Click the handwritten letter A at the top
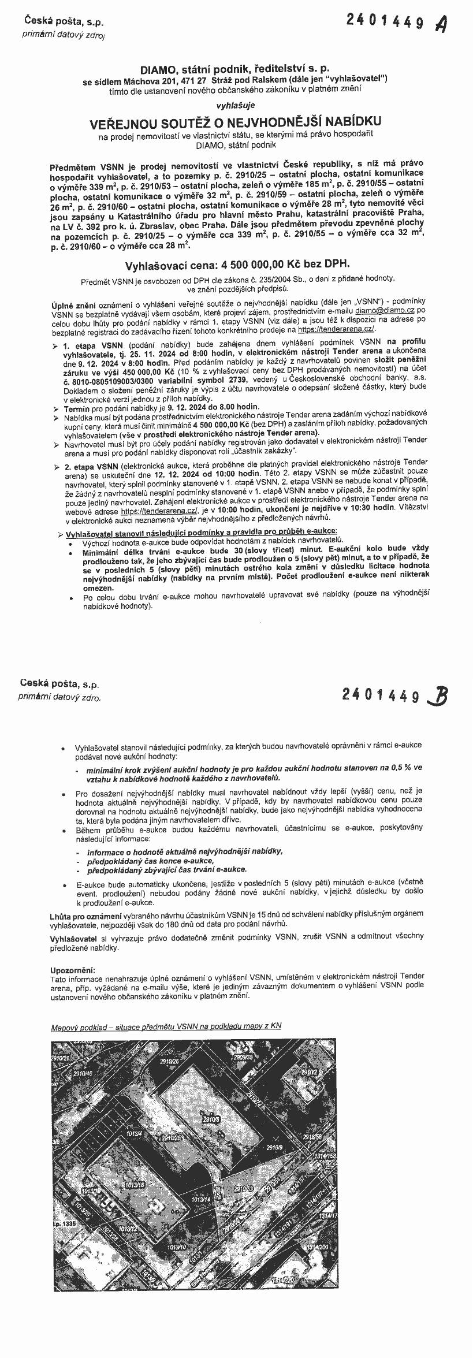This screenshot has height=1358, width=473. (x=442, y=24)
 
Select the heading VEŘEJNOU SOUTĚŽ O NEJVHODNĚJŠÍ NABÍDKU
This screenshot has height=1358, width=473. (x=235, y=122)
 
